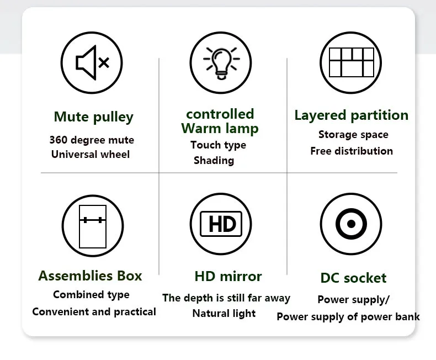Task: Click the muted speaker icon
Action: point(92,62)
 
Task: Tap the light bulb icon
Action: point(221,61)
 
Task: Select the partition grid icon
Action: point(351,62)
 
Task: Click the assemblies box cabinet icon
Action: point(92,225)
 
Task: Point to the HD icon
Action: point(221,224)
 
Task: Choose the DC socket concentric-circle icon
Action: point(351,224)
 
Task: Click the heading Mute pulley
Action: point(93,117)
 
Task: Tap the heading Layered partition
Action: point(351,115)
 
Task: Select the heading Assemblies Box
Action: point(90,276)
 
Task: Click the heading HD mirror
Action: point(228,276)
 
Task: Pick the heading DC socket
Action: point(353,278)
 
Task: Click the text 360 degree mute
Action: point(92,140)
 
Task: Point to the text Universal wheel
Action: point(91,154)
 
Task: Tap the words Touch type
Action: point(218,145)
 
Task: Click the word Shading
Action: point(214,161)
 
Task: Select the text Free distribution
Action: point(352,151)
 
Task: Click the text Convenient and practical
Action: point(94,312)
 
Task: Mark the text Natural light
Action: point(224,314)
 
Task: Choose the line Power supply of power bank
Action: point(348,317)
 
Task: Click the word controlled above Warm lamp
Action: point(220,114)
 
